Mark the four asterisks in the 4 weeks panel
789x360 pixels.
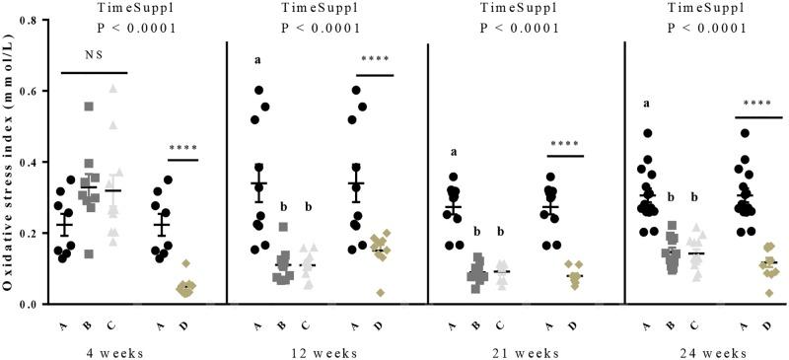[183, 150]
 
